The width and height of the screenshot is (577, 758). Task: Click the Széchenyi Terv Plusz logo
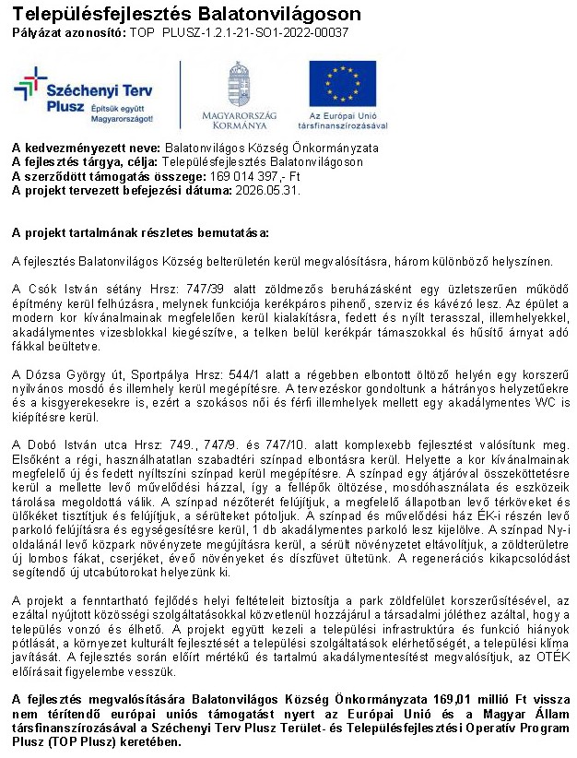coord(83,95)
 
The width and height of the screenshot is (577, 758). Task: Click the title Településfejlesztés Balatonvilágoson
coord(186,13)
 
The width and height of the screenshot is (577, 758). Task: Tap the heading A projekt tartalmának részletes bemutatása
coord(140,231)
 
